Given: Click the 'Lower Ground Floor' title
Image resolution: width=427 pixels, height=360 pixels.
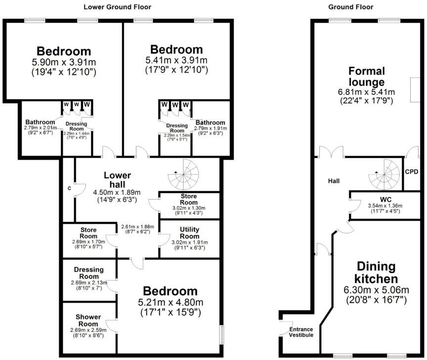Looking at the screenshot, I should coord(117,7).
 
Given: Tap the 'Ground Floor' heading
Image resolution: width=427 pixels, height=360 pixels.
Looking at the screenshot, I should coord(350,7).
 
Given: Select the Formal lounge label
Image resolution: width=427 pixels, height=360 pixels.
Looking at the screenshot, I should coord(366,76).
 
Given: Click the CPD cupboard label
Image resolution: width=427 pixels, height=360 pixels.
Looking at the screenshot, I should coord(411,172).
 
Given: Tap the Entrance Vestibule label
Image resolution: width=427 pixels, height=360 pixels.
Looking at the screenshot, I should coord(301,332).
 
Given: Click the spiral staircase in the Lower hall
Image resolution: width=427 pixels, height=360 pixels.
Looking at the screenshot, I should coord(182,174).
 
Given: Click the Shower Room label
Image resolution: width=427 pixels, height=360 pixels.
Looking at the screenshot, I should coord(88,320).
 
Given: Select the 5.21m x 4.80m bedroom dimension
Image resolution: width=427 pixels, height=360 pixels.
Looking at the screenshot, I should coord(171,303).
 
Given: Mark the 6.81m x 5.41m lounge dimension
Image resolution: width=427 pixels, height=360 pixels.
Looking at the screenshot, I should coord(366,92).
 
